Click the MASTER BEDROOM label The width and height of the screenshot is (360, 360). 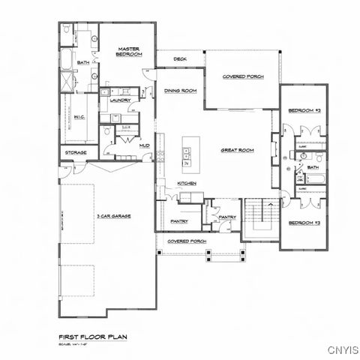tap(129, 52)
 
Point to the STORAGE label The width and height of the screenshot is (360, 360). tap(75, 153)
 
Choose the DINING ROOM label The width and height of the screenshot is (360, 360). tap(180, 90)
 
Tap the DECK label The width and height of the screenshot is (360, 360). tap(180, 59)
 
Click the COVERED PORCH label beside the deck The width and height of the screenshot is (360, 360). tap(241, 76)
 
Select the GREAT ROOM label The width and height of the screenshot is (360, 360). tap(237, 150)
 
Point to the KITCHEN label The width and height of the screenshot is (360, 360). tap(187, 183)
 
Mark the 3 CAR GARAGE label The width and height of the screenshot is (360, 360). tap(114, 215)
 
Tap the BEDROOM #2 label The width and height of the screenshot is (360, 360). tap(304, 110)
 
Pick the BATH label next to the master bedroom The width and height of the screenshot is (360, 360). tap(83, 63)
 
